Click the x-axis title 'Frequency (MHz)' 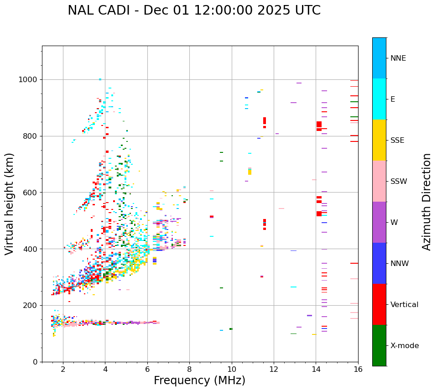point(199,381)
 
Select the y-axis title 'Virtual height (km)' point(10,203)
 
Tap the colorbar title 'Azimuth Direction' point(427,202)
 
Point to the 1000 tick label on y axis point(28,80)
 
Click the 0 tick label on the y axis point(35,362)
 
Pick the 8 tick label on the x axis point(189,369)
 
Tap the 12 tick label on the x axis point(274,369)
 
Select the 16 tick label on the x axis point(358,369)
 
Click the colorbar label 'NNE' point(398,58)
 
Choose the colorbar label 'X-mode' point(404,346)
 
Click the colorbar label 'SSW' point(399,182)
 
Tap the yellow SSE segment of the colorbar point(379,140)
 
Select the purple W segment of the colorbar point(379,222)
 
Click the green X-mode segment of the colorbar point(379,345)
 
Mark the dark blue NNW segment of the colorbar point(379,263)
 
